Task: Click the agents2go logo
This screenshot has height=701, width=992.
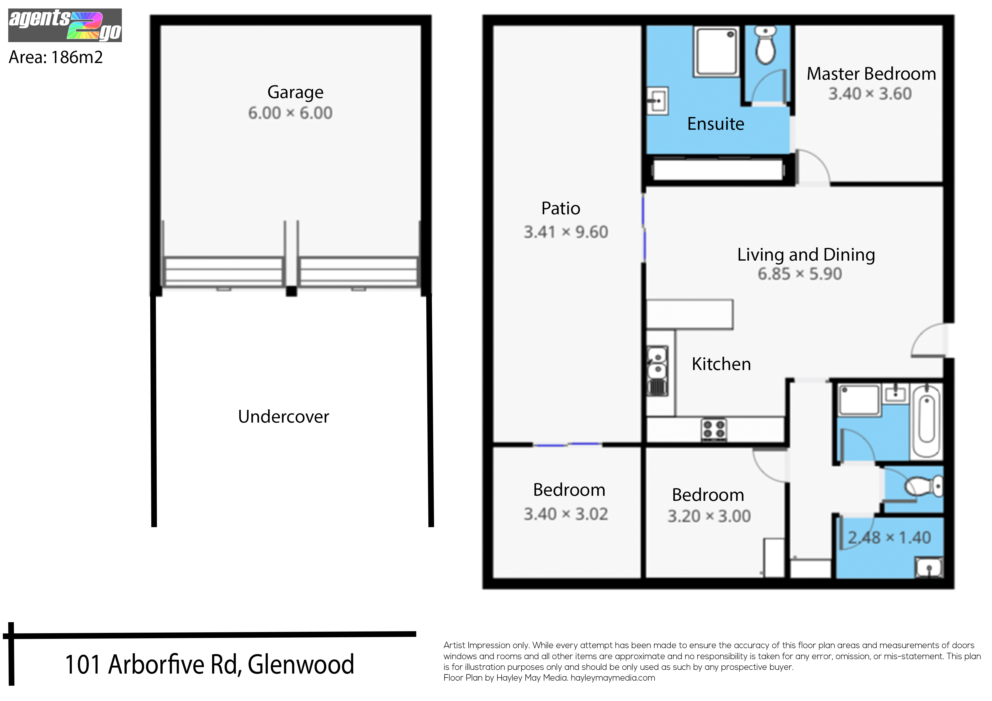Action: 65,25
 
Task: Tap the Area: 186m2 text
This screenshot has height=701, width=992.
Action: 56,57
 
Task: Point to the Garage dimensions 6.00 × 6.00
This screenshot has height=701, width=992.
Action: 290,113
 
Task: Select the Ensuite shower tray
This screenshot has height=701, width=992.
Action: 716,52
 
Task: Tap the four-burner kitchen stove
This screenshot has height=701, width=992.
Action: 714,430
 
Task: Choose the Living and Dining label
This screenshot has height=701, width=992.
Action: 806,255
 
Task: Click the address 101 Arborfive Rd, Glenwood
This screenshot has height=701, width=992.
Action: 210,665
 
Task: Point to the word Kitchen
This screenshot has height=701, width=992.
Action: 721,364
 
